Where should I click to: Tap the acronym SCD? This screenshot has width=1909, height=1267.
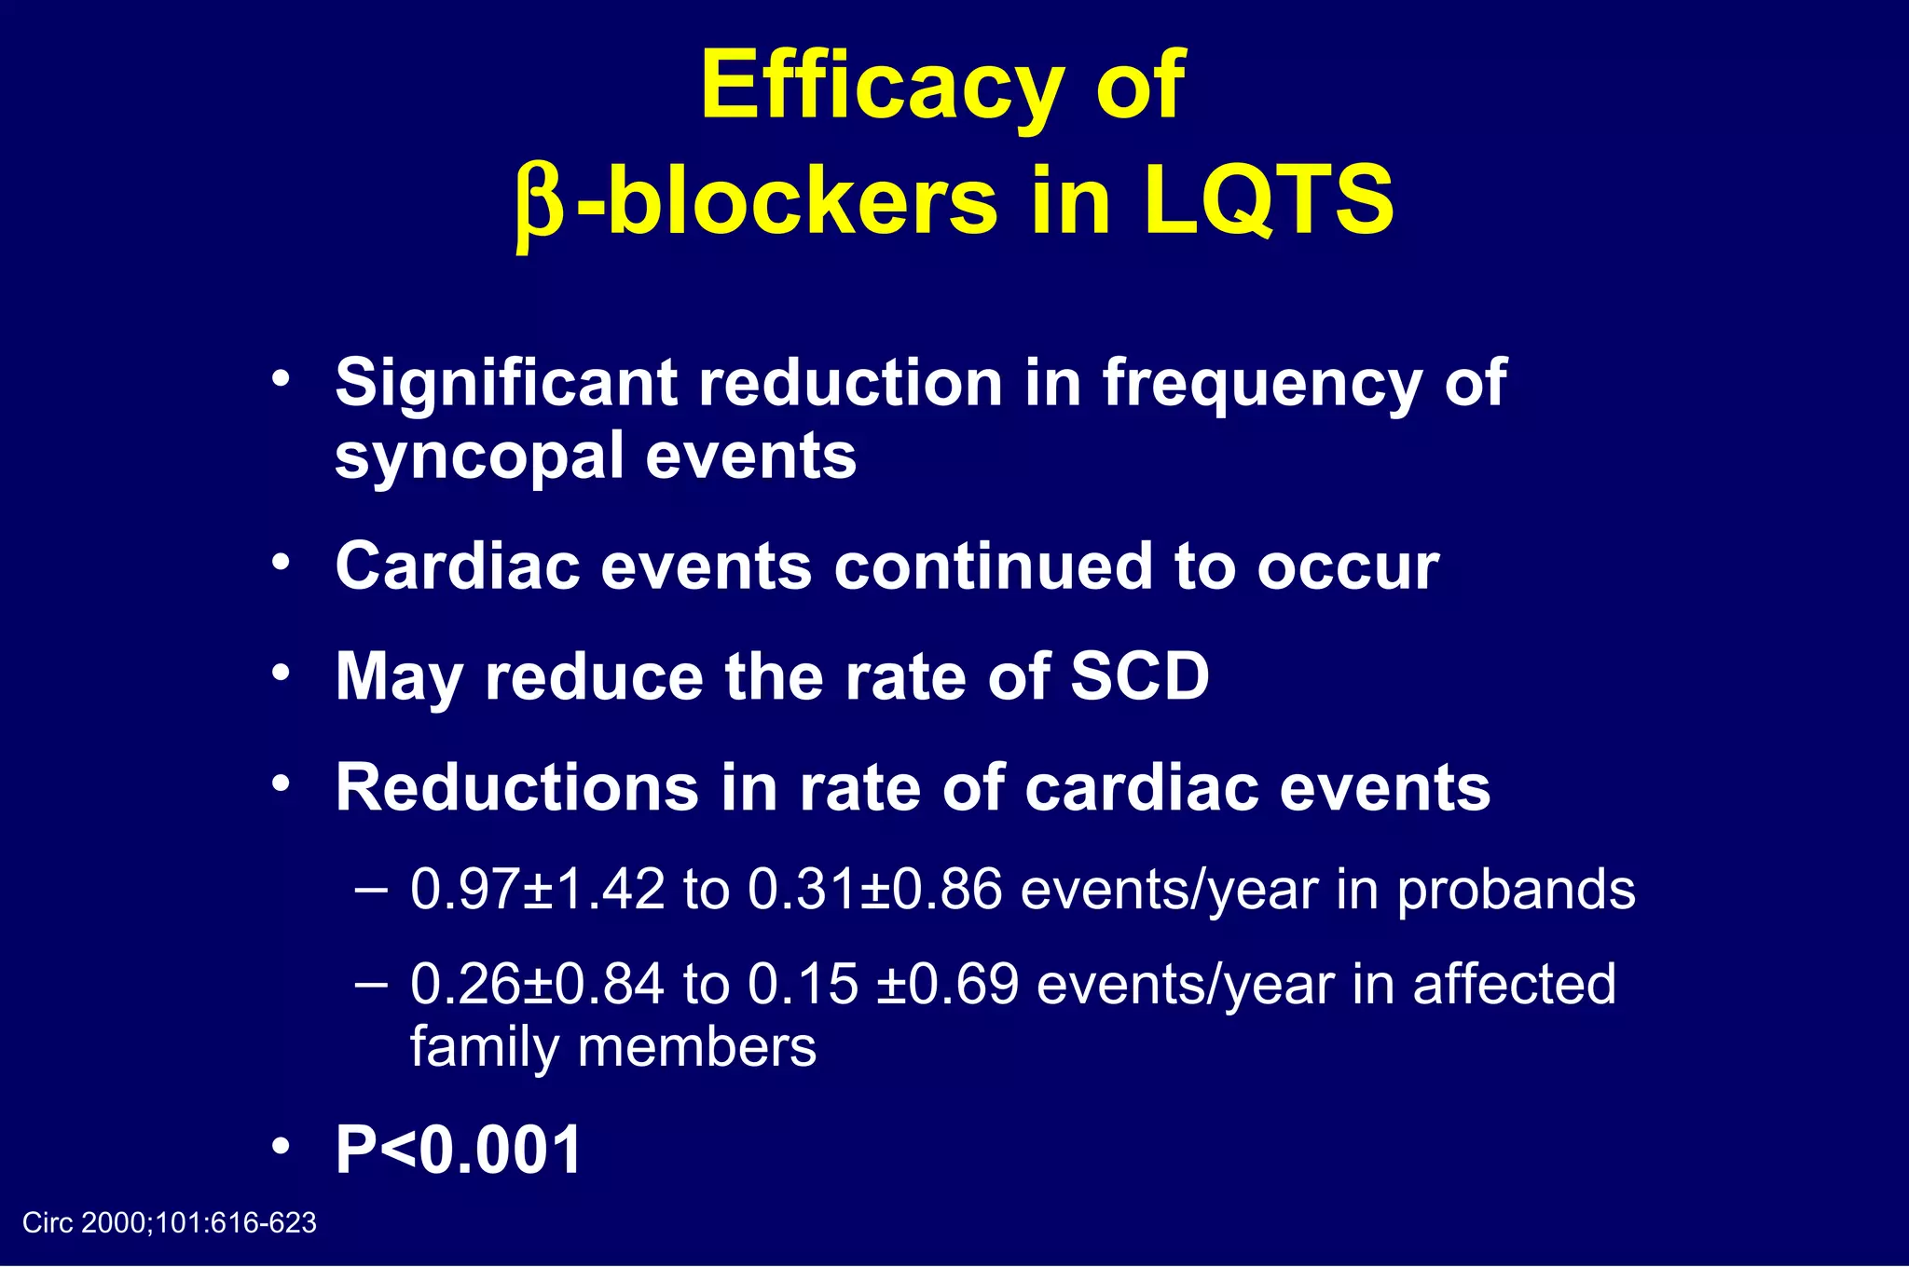[x=1139, y=676]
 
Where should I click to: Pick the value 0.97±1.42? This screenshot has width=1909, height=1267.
[x=538, y=889]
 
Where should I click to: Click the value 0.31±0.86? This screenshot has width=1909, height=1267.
[x=875, y=889]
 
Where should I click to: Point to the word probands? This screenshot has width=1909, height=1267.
[x=1516, y=891]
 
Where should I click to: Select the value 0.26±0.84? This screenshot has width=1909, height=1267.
[x=538, y=984]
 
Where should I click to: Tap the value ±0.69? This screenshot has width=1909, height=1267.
[x=947, y=984]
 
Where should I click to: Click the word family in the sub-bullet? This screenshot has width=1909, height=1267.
[x=483, y=1047]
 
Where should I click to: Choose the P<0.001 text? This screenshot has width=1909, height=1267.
[x=459, y=1150]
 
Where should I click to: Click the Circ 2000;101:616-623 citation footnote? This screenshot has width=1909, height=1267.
[x=170, y=1222]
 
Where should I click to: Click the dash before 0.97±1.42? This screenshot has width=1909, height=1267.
[x=371, y=889]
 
